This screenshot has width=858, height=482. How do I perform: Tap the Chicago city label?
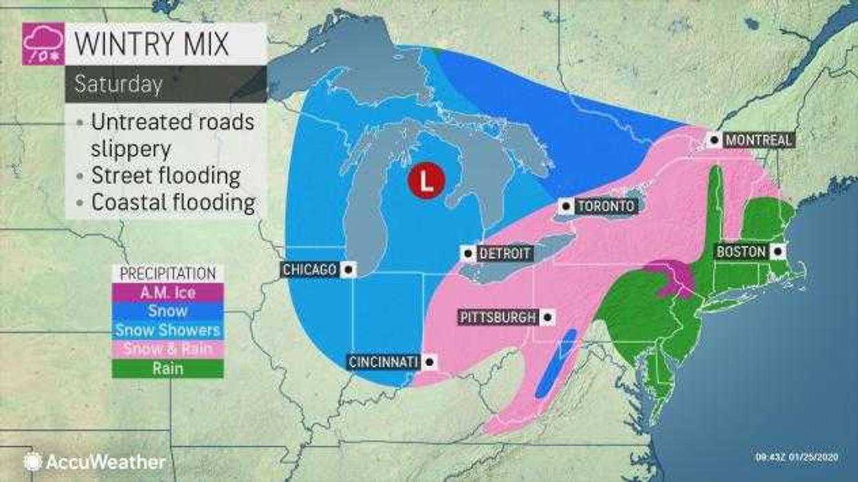click(x=309, y=270)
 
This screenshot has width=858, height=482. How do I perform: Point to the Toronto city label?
click(x=604, y=206)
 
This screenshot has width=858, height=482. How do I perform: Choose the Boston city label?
click(x=741, y=252)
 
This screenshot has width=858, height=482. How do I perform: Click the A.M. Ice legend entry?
click(x=167, y=292)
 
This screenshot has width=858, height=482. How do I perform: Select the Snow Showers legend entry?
click(x=167, y=330)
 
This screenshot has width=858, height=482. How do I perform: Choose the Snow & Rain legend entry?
click(x=167, y=349)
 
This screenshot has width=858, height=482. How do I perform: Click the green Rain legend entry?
click(x=167, y=368)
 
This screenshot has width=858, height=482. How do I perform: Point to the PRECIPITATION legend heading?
click(x=167, y=274)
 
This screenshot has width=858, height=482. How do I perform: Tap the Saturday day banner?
click(x=119, y=84)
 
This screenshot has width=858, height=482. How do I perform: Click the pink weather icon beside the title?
click(x=43, y=44)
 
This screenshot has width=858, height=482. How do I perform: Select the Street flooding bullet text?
click(x=165, y=176)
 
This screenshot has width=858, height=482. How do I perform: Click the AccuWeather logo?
click(x=94, y=461)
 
